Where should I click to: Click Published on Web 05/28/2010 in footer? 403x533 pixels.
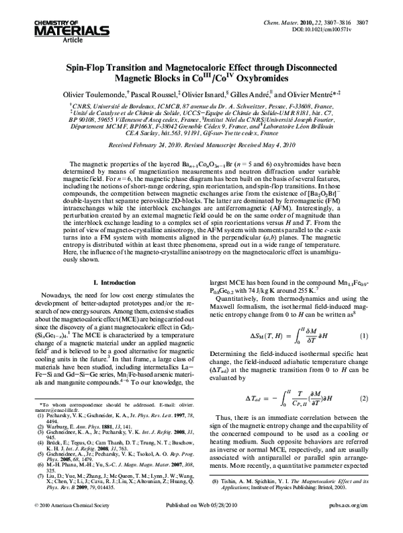tap(201, 521)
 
